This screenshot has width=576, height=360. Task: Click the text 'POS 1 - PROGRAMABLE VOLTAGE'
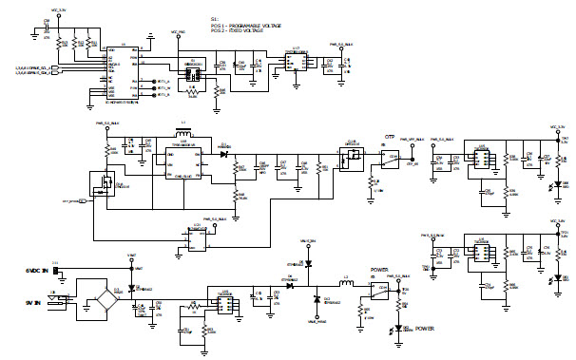pos(249,25)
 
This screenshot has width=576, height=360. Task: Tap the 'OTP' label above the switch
pos(388,136)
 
